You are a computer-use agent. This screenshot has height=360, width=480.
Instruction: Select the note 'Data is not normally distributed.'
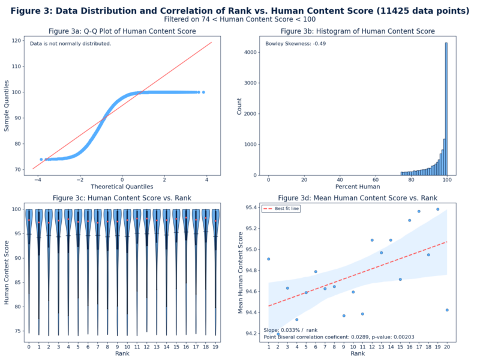click(70, 44)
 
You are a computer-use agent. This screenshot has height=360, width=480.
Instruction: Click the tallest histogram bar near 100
click(446, 108)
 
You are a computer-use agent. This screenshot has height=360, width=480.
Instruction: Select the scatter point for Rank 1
click(268, 259)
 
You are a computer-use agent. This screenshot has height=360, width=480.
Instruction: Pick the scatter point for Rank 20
click(447, 310)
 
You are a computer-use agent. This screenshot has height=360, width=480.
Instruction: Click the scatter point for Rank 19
click(437, 209)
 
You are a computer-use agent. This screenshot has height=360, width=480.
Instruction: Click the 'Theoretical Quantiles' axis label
click(122, 187)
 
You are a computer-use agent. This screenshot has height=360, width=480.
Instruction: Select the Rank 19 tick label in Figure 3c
click(215, 346)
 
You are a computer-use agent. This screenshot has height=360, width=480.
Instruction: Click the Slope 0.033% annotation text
click(290, 330)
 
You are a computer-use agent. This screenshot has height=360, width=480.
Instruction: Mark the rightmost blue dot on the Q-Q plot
click(203, 92)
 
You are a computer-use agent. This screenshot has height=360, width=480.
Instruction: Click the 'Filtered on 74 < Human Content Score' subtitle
click(240, 20)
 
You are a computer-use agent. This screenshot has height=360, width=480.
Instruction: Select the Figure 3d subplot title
click(358, 198)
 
